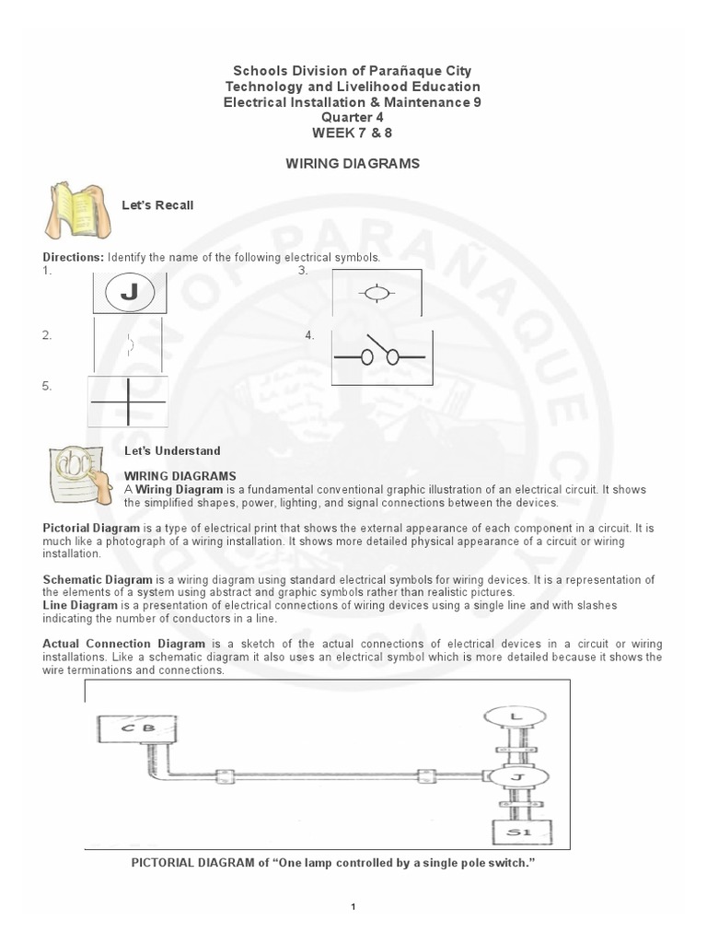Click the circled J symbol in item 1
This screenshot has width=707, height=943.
130,294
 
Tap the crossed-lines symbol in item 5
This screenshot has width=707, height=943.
128,402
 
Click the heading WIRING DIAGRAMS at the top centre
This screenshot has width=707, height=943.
353,163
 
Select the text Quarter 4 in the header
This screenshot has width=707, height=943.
353,117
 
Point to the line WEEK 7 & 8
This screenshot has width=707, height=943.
353,133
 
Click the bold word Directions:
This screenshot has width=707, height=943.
74,257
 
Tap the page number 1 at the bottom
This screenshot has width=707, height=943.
353,907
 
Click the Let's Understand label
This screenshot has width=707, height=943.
172,450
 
